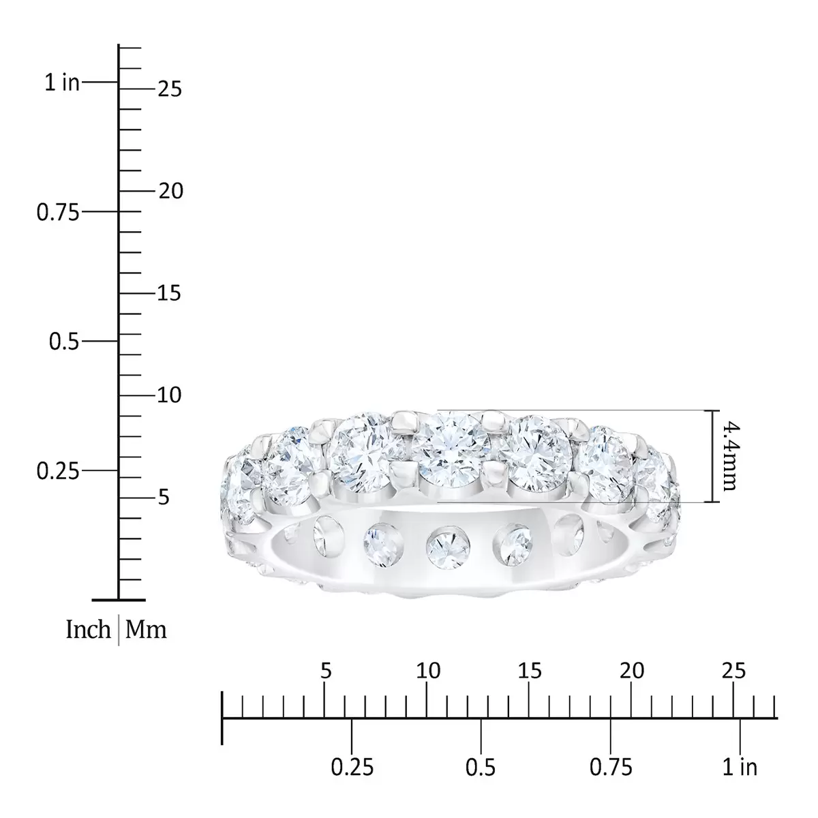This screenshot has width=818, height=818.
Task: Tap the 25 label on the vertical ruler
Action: (170, 89)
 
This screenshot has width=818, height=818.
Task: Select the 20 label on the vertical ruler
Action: (171, 191)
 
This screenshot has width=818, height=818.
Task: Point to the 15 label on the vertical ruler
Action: (169, 293)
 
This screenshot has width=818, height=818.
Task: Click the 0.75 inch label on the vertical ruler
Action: (58, 212)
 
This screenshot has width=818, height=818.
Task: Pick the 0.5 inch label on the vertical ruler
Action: (63, 342)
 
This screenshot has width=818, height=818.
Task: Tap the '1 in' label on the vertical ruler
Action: (62, 82)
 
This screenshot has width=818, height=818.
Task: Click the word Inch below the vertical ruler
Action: (88, 629)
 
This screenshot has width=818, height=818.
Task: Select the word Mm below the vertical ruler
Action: (146, 629)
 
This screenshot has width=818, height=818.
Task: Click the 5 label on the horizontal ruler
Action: (326, 671)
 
